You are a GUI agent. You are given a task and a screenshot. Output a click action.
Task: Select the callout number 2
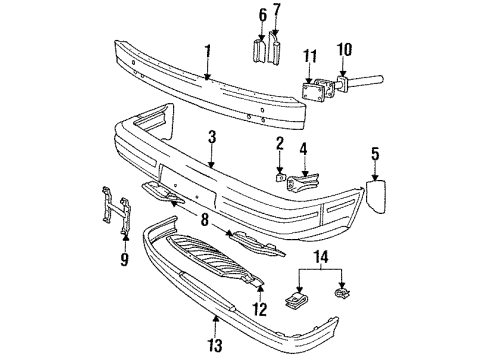click(280, 145)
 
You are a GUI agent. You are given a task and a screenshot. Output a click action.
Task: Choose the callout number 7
click(278, 14)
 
